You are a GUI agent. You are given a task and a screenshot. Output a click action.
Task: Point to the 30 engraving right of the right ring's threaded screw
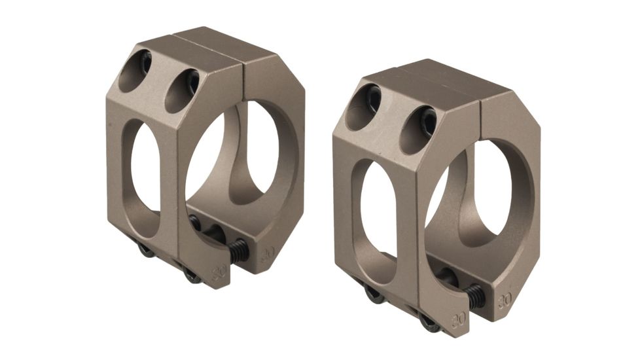[505, 301]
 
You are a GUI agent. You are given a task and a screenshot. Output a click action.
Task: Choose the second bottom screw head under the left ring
[192, 275]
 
